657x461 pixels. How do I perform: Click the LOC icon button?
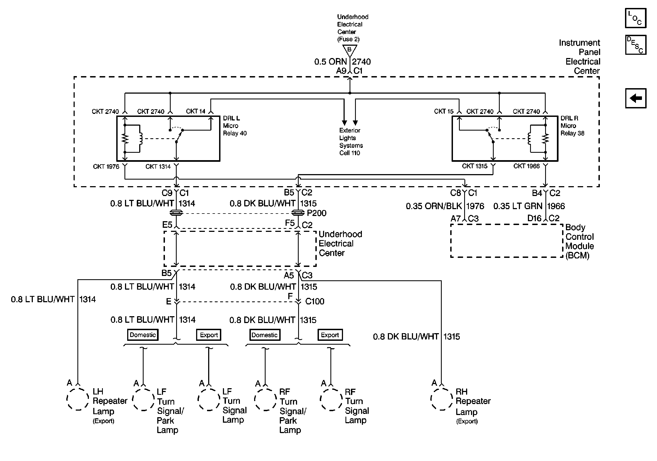(x=636, y=18)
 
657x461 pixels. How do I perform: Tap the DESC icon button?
(x=636, y=45)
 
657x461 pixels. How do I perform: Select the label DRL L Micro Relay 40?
(x=235, y=126)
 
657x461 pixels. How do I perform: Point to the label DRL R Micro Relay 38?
(x=572, y=126)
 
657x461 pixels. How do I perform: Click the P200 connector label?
(x=316, y=213)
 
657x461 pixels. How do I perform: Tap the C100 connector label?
(x=315, y=301)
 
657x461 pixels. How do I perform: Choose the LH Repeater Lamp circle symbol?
(x=78, y=399)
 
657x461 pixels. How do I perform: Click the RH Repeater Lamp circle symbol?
(x=441, y=399)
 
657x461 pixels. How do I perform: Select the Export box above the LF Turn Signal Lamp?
(x=209, y=335)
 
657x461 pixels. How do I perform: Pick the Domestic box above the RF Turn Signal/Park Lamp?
(x=264, y=335)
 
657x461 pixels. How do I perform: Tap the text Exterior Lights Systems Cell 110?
(x=351, y=142)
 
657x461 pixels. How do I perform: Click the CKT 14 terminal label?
(x=196, y=111)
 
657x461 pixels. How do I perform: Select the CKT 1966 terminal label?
(x=527, y=166)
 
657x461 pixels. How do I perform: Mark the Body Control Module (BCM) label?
(x=579, y=241)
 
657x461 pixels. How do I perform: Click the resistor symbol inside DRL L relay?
(x=125, y=139)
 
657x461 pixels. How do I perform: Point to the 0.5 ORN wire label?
(x=330, y=62)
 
